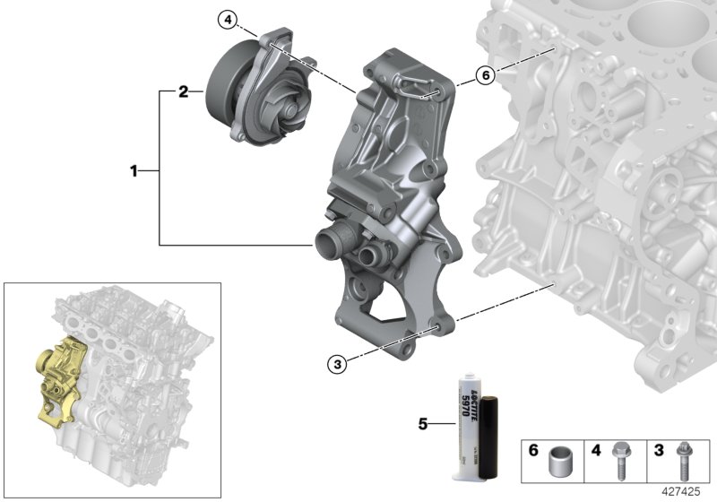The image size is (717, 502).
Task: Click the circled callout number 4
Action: [229, 19]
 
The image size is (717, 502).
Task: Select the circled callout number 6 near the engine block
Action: [485, 76]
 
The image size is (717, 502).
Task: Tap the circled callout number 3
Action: [336, 363]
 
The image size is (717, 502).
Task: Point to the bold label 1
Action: [134, 169]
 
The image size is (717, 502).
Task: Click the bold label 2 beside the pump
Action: [183, 91]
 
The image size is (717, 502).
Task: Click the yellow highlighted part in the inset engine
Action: [57, 374]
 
